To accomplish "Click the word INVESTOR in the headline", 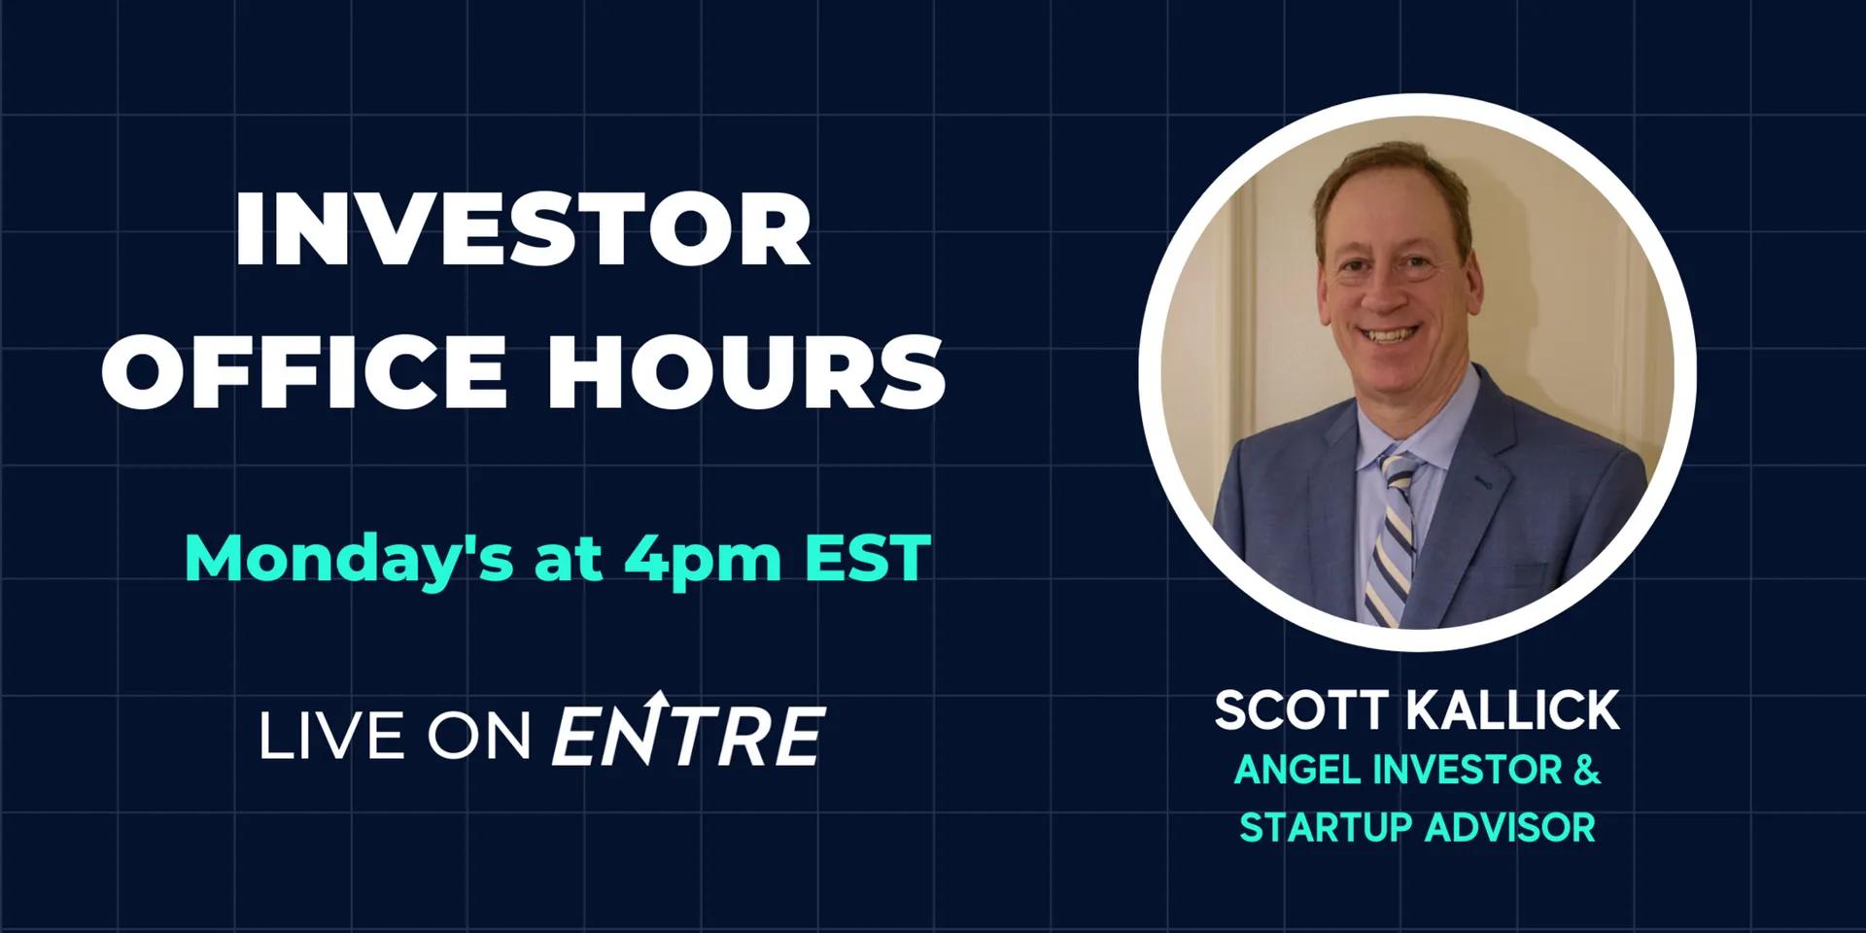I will click(523, 230).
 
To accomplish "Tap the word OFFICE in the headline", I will click(303, 372).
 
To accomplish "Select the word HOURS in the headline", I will click(745, 372).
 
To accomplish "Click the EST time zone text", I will click(868, 559).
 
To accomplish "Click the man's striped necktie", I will click(1391, 544).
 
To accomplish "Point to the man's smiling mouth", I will click(1387, 333).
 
